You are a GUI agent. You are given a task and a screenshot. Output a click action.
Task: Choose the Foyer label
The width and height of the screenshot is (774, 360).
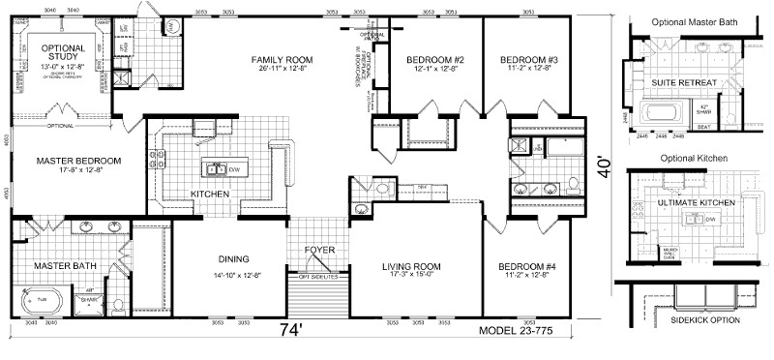(x=319, y=251)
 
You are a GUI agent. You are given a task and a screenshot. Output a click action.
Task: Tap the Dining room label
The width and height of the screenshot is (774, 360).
(x=234, y=258)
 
